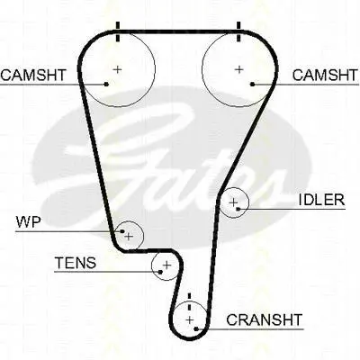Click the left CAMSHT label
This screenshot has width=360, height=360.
click(33, 75)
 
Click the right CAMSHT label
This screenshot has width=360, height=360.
click(325, 75)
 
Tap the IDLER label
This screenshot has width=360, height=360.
click(321, 200)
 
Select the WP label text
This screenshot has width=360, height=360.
click(28, 222)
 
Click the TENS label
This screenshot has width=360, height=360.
click(76, 263)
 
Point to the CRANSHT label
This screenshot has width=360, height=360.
click(264, 319)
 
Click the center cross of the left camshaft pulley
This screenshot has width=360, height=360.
click(118, 69)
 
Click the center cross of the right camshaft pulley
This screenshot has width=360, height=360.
click(239, 69)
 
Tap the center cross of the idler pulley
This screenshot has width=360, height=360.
click(233, 202)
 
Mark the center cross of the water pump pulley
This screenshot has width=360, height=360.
click(129, 237)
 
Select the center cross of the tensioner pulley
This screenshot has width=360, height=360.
click(166, 265)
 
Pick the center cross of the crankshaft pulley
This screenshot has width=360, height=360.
click(190, 320)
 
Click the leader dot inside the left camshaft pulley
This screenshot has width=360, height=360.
click(106, 85)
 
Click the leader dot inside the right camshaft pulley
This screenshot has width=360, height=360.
click(253, 85)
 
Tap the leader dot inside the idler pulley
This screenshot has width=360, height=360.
click(238, 209)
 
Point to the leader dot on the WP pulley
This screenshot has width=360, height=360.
click(122, 231)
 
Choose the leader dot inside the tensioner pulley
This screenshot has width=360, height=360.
click(160, 272)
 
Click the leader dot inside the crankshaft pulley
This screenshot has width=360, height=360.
click(196, 329)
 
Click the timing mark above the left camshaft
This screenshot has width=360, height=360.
click(118, 31)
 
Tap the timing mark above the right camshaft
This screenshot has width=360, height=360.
click(238, 31)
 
